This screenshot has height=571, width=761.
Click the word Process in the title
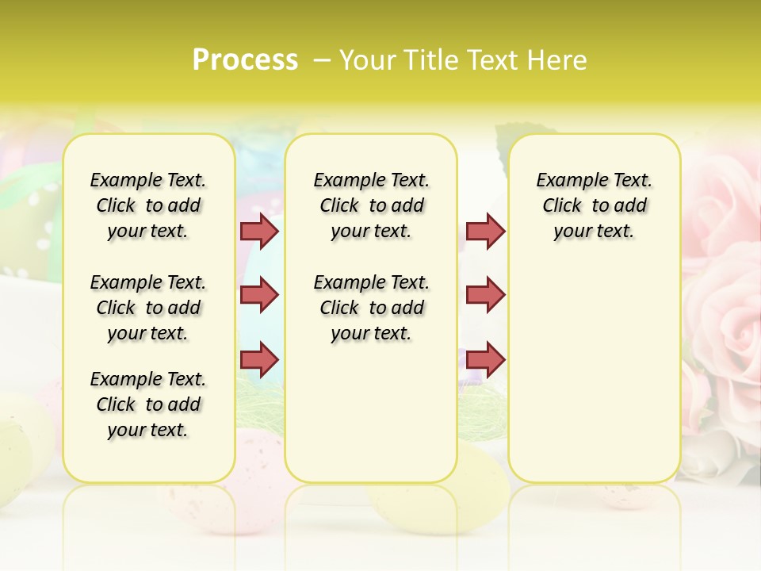click(245, 59)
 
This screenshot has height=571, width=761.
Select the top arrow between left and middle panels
click(259, 231)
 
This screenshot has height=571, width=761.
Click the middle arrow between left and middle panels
click(259, 294)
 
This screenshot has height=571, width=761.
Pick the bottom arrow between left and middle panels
click(259, 358)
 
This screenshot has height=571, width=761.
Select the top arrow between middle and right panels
click(485, 231)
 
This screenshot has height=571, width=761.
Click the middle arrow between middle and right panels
click(485, 294)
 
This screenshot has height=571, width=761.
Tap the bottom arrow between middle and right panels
click(485, 358)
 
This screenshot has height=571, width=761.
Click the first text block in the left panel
click(148, 205)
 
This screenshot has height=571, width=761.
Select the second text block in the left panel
click(148, 308)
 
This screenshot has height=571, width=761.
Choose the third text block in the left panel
click(148, 404)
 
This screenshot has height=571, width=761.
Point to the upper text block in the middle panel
click(371, 205)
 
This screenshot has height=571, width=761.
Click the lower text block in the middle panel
click(371, 308)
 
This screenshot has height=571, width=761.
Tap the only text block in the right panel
click(594, 205)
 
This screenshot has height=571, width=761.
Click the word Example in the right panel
click(565, 181)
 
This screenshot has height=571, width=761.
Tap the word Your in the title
click(368, 59)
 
